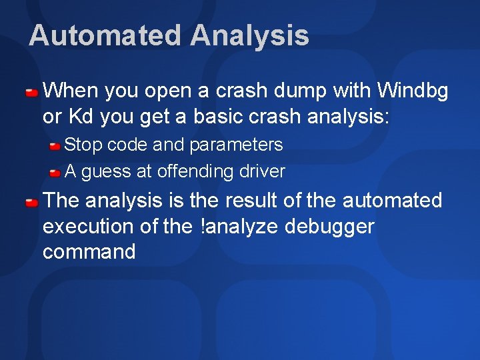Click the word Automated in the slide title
click(105, 35)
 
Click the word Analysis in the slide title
click(249, 35)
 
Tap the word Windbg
click(413, 89)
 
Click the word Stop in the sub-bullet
click(83, 145)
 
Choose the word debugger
click(329, 227)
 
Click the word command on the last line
click(89, 252)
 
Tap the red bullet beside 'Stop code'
click(56, 145)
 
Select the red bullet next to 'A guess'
click(56, 173)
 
